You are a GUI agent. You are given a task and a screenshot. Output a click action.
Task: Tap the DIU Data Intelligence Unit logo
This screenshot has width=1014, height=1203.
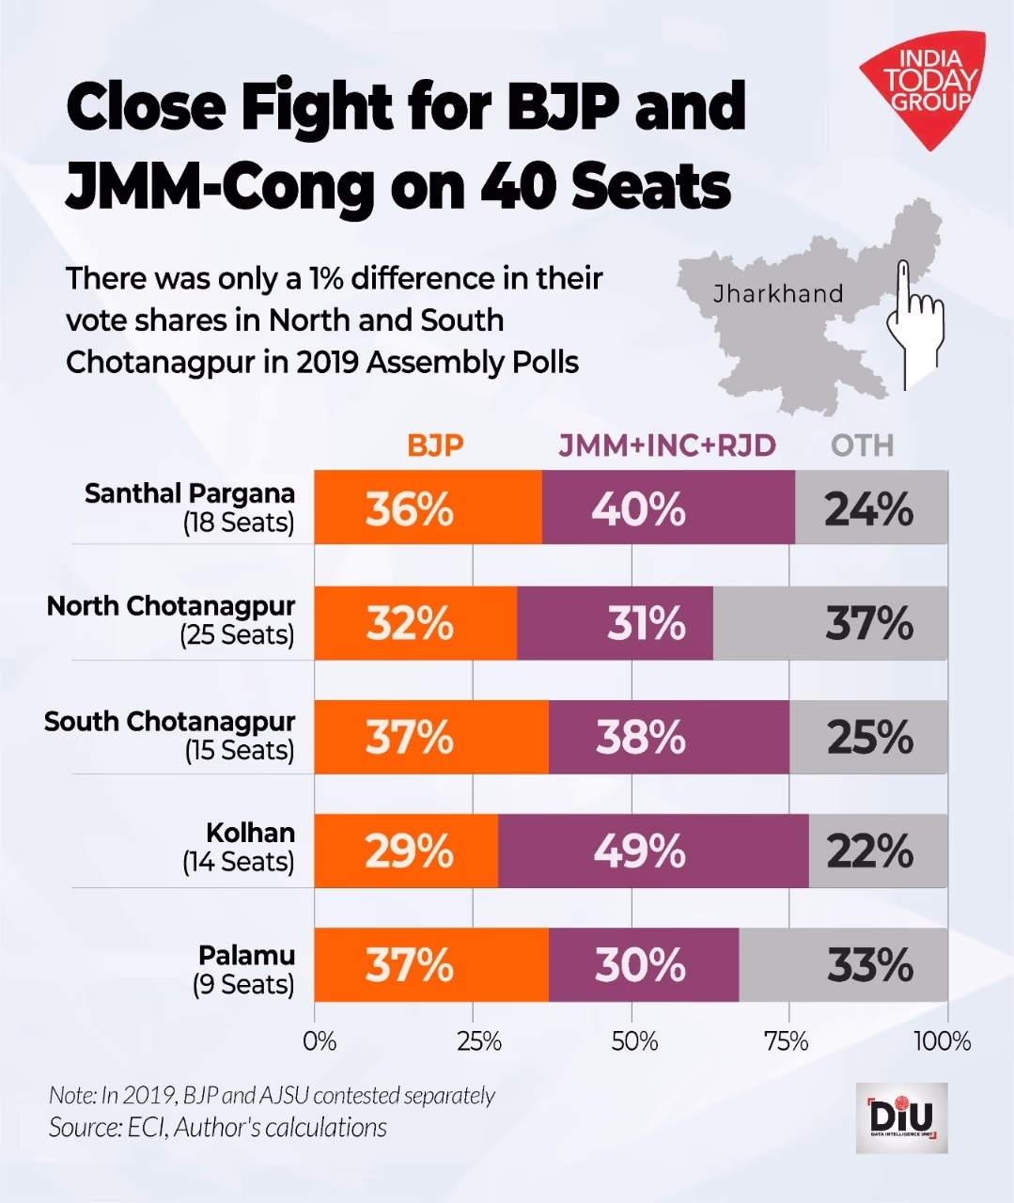pos(901,1117)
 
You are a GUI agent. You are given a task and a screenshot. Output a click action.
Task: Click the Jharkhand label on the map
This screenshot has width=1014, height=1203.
pos(777,294)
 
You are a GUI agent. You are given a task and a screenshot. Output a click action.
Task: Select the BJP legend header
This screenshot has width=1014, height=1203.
pos(435,445)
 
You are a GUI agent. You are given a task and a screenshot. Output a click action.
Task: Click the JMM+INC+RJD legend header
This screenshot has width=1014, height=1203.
pos(667,445)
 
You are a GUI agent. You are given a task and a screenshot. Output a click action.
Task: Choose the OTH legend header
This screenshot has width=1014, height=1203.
pos(862,445)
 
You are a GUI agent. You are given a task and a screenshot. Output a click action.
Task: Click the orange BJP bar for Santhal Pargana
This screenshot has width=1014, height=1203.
pos(428,508)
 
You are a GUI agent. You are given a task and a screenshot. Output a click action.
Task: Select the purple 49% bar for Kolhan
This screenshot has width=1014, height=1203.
pos(653,851)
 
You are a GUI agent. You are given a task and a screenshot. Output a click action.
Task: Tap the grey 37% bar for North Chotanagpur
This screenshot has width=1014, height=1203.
pos(831,623)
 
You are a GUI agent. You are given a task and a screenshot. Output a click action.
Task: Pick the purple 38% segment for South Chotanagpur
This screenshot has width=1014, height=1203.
pos(668,737)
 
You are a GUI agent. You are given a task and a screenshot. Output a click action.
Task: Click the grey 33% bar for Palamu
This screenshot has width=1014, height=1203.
pos(843,965)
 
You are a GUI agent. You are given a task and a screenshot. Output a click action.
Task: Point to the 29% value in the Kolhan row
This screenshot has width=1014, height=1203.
pos(409,851)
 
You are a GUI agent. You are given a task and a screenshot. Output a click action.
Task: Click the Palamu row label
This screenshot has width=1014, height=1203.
pos(245,969)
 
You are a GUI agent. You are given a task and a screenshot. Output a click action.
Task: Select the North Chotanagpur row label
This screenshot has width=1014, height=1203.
pos(171,620)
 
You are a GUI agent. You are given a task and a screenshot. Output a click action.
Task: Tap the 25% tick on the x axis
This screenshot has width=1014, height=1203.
pos(478,1041)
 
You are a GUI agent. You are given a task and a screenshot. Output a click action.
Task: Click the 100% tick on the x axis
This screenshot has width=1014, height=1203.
pos(943,1041)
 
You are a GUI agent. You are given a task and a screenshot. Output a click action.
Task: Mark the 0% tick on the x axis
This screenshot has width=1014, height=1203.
pos(319,1041)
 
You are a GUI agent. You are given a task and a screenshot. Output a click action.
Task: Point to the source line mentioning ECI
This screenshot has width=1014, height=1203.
pos(218,1127)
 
